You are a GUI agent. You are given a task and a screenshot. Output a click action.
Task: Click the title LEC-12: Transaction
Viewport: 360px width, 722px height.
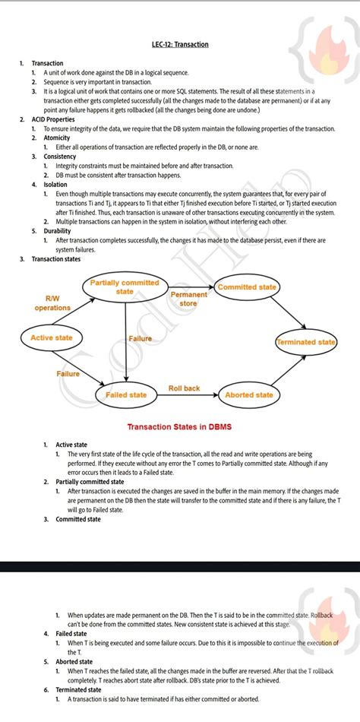[x=179, y=44]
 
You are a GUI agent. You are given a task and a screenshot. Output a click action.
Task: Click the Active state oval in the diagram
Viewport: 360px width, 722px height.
[x=52, y=337]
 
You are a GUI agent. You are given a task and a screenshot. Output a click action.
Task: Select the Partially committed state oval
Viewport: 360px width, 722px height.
[x=125, y=287]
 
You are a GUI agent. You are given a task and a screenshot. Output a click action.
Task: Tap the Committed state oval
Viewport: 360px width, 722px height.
[x=247, y=287]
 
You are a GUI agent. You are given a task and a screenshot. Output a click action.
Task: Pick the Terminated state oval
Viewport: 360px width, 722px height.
[x=306, y=342]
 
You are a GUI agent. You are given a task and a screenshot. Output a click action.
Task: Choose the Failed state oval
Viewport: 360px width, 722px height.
[x=126, y=394]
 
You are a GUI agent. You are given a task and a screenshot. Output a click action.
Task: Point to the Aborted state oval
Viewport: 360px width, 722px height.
[x=248, y=394]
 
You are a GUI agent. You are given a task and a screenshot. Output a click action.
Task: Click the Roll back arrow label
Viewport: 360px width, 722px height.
[x=184, y=388]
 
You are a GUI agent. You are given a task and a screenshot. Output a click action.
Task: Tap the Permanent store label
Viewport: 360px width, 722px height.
[x=188, y=299]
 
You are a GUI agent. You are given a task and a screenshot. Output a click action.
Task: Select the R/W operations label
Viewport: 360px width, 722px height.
[x=52, y=303]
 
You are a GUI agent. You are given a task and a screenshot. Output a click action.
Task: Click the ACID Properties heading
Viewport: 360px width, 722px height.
[x=53, y=119]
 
